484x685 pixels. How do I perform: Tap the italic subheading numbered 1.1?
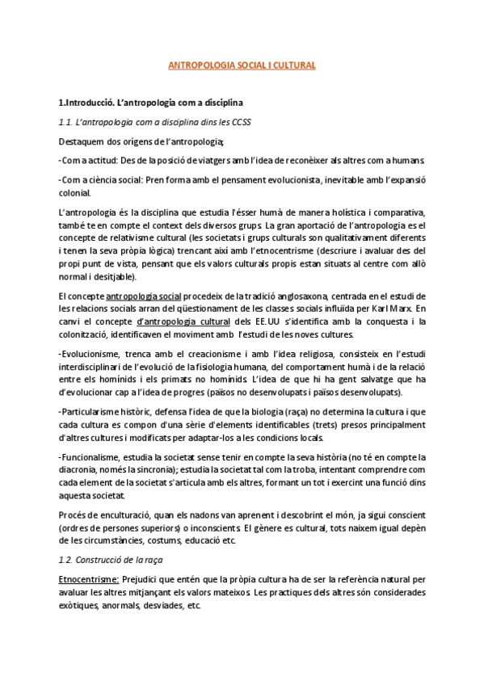pyautogui.click(x=154, y=123)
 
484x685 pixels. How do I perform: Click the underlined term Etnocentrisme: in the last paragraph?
pyautogui.click(x=89, y=579)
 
